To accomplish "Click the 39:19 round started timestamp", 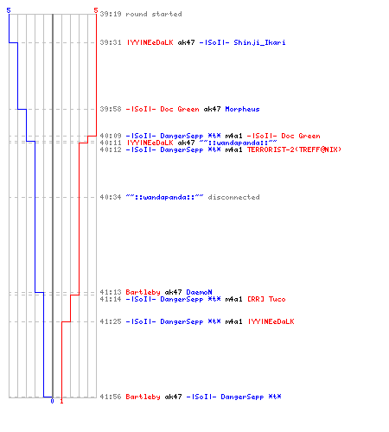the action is tap(111, 14).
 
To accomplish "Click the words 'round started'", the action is tap(154, 14).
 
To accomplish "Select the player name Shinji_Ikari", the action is tap(259, 42).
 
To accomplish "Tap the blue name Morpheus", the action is tap(242, 109).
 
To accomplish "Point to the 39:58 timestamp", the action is tap(111, 109).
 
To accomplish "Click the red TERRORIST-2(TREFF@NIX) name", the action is tap(294, 149).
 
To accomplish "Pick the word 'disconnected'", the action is tap(233, 197).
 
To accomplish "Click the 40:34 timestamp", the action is tap(111, 197).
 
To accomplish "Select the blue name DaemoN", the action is tap(199, 292).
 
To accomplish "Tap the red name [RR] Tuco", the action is tap(266, 299).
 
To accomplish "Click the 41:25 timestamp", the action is tap(111, 321).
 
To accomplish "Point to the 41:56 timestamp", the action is tap(111, 397).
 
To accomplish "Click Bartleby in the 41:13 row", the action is tap(143, 292).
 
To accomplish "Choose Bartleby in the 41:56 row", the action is tap(143, 397).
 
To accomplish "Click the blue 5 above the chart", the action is tap(9, 10).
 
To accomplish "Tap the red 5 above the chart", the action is tap(96, 10).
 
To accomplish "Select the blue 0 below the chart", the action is tap(52, 401).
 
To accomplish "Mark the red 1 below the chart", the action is tap(61, 401).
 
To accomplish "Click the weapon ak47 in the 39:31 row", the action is tap(186, 42).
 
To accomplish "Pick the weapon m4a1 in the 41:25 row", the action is tap(233, 321).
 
